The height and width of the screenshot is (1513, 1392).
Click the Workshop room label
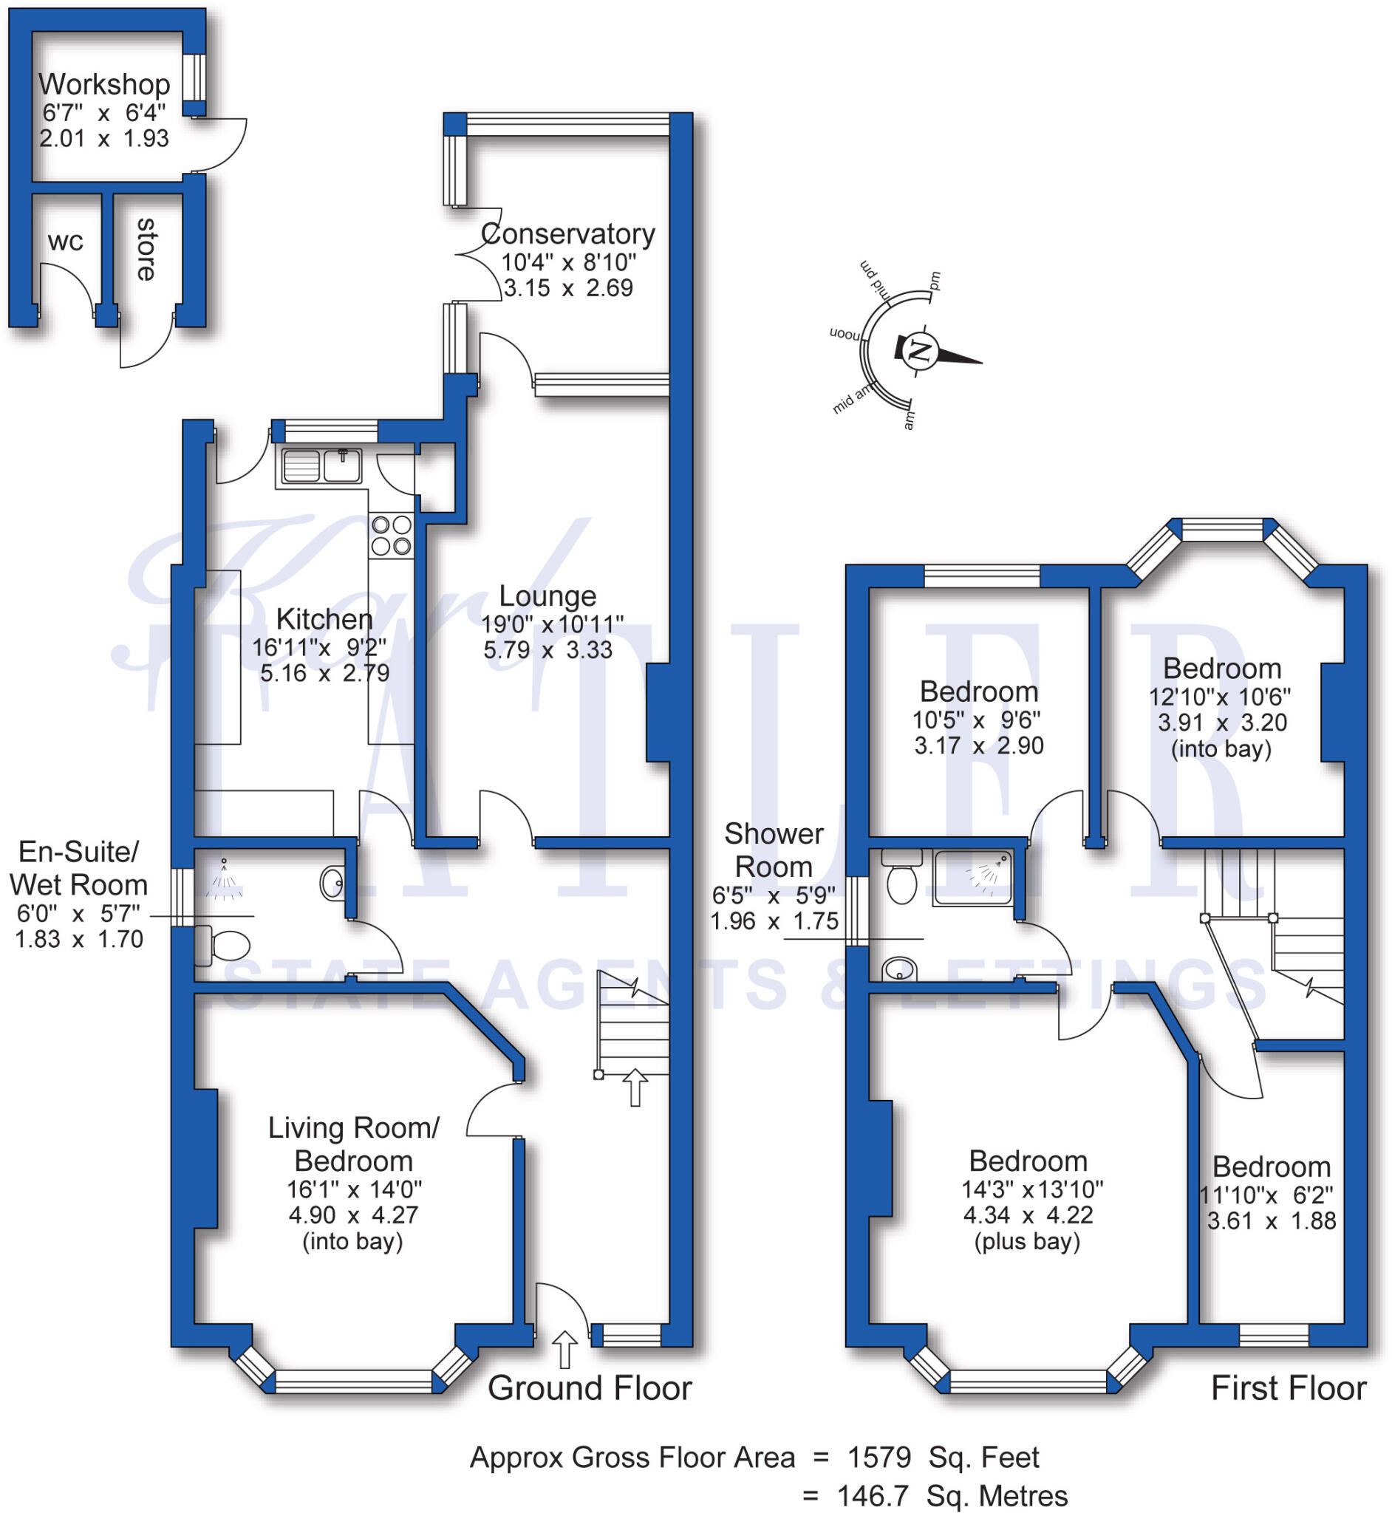[x=104, y=84]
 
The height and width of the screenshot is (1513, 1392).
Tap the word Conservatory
[x=568, y=234]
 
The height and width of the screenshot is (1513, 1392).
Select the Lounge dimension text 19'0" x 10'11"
[x=553, y=624]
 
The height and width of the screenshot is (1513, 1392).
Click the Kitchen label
[x=324, y=619]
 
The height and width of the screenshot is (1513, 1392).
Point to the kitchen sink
[x=321, y=465]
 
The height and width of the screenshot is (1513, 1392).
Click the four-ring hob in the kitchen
[x=391, y=535]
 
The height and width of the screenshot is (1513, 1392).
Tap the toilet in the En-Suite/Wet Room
[x=225, y=946]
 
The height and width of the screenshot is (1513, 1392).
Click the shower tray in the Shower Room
[x=972, y=878]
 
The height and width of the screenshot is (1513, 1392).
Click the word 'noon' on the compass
[x=845, y=334]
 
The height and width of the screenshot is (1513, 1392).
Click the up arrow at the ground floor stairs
[x=635, y=1087]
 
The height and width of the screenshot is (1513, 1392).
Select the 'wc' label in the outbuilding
[x=66, y=242]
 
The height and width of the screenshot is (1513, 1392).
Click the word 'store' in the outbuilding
[x=146, y=249]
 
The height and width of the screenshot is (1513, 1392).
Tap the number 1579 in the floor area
[x=880, y=1458]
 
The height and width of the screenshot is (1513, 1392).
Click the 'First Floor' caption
[x=1288, y=1388]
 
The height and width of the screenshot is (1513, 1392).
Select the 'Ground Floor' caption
[x=590, y=1388]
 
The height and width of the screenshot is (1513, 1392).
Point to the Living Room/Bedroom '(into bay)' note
[x=352, y=1240]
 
